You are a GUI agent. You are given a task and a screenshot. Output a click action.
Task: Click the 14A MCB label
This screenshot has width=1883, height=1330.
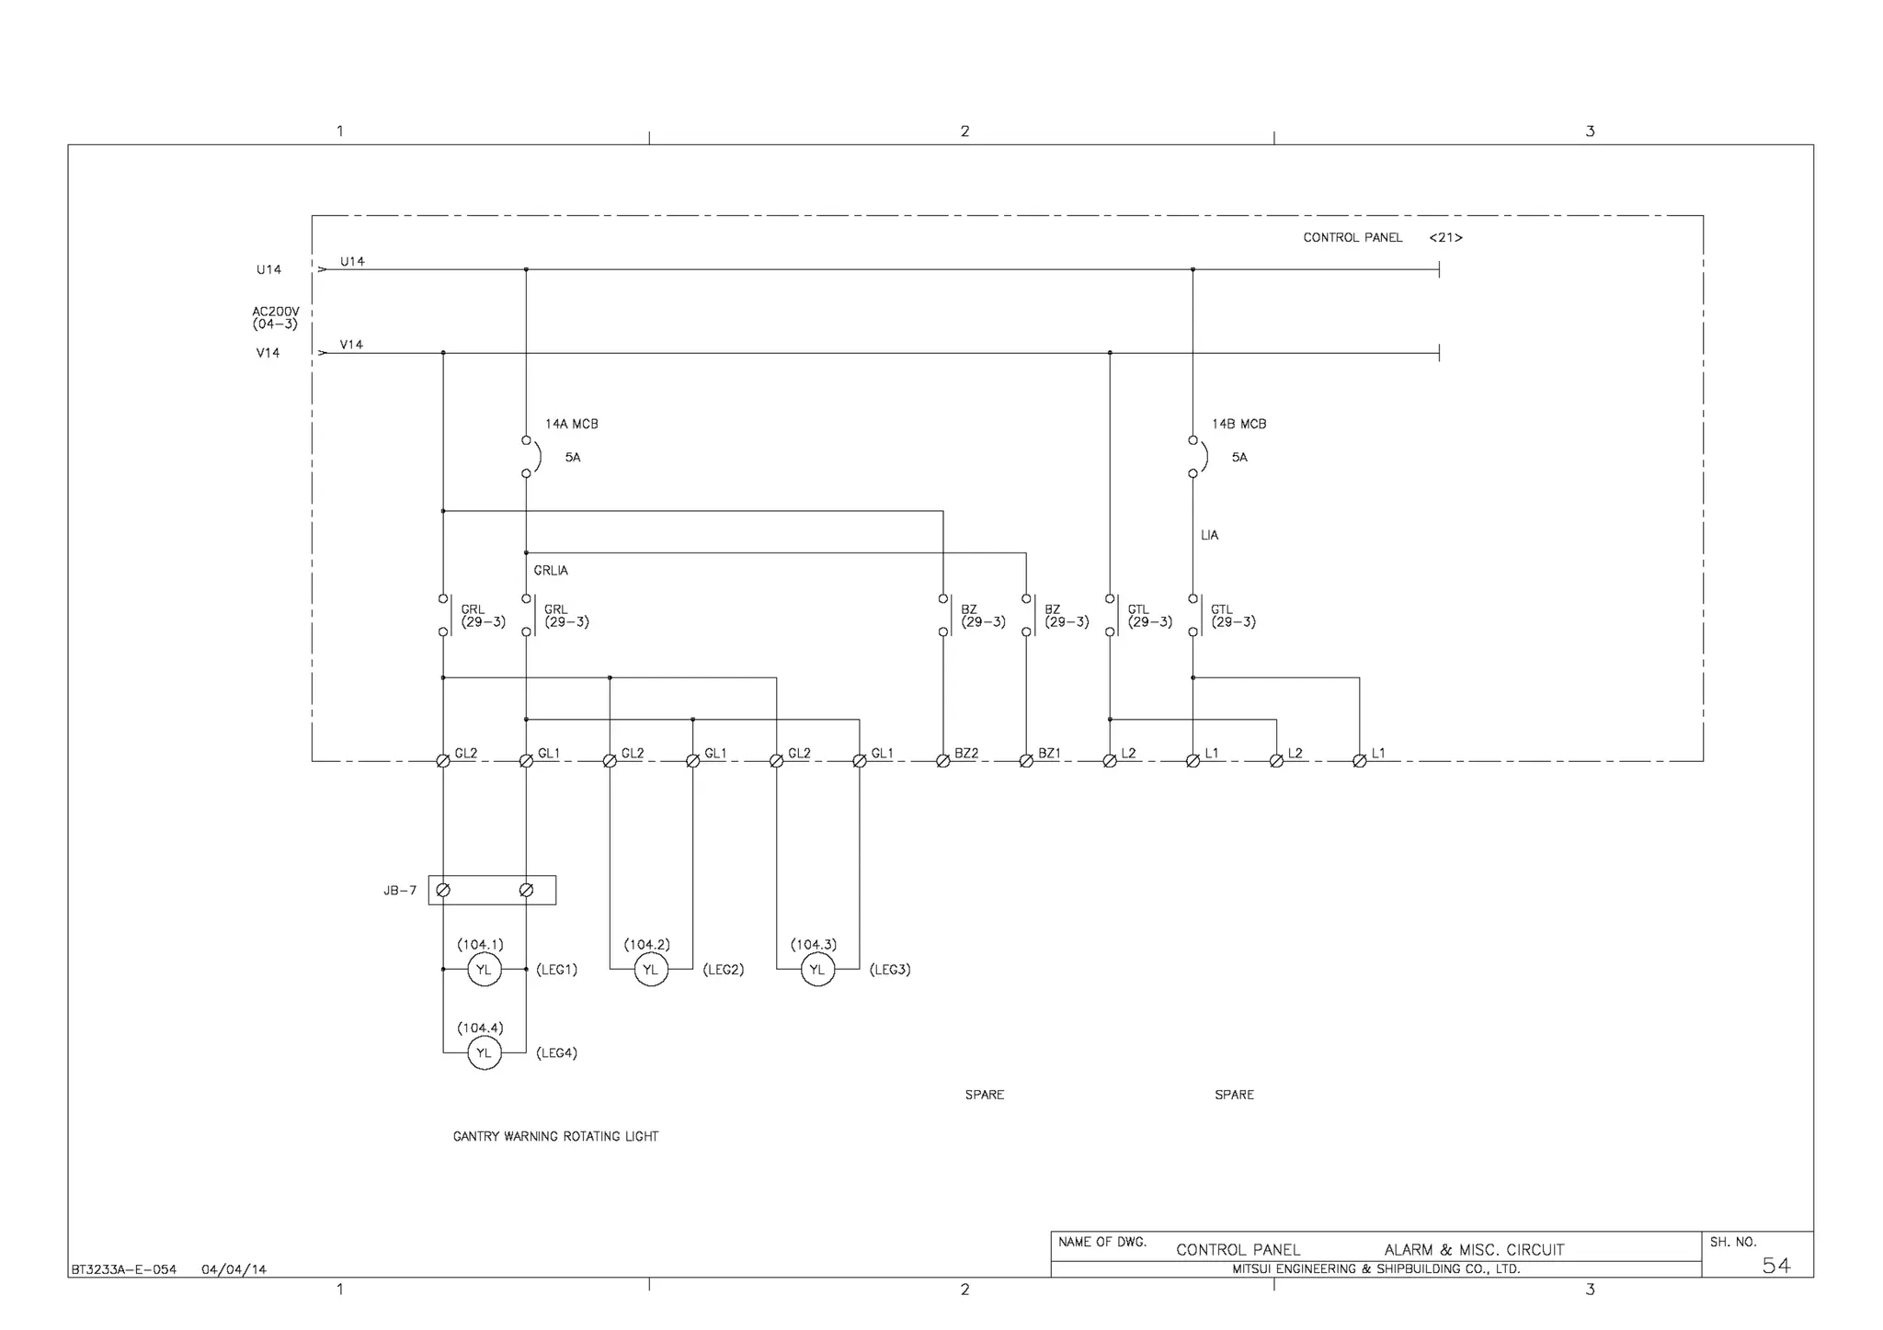pos(571,424)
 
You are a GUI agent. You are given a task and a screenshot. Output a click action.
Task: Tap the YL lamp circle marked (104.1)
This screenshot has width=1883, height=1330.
pos(484,969)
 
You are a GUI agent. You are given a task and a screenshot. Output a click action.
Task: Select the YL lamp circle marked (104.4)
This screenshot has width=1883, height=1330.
pos(484,1052)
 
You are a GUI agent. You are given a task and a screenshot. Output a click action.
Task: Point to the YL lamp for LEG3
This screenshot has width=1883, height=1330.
pos(817,969)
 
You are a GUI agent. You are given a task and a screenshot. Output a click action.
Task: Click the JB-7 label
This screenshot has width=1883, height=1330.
pos(400,891)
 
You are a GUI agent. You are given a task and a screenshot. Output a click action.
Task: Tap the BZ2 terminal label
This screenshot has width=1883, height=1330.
pos(966,753)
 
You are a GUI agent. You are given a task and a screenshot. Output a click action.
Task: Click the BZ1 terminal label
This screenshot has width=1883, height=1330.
pos(1049,753)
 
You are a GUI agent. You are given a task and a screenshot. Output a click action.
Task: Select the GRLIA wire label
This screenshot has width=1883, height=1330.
pos(551,571)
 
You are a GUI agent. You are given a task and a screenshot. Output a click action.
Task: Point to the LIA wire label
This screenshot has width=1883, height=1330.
pos(1209,535)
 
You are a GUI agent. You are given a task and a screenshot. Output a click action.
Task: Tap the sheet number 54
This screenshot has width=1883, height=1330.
pos(1775,1266)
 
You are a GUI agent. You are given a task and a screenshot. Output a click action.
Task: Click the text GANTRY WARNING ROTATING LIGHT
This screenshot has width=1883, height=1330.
pos(555,1136)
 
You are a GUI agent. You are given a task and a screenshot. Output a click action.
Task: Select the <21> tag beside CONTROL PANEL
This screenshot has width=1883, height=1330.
pos(1445,237)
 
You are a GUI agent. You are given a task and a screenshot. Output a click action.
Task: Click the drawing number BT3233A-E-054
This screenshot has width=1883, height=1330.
pos(123,1269)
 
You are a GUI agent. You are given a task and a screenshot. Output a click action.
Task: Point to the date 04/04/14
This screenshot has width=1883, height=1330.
pos(234,1269)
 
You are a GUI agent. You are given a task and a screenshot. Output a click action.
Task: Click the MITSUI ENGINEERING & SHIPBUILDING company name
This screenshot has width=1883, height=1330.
pos(1375,1269)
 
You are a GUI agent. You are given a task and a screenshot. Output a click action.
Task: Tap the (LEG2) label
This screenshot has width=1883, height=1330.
pos(723,970)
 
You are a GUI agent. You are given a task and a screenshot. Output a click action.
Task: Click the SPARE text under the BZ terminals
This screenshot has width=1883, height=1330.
pos(984,1095)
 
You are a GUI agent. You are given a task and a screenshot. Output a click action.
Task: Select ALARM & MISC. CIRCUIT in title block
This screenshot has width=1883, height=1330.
pos(1474,1249)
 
